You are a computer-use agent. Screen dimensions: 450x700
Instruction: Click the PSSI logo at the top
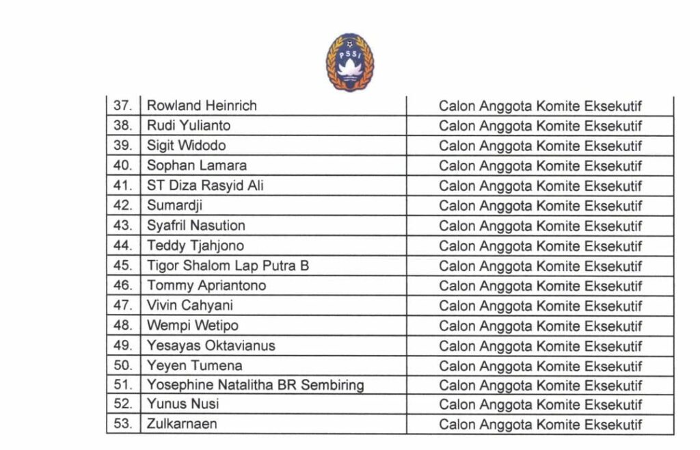tap(349, 62)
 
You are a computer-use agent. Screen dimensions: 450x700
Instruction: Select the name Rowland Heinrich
tap(202, 105)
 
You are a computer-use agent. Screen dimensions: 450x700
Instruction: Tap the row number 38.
tap(122, 125)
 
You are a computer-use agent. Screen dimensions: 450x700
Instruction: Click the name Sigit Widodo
tap(186, 146)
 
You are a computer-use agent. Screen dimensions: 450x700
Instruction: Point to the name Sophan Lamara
tap(197, 166)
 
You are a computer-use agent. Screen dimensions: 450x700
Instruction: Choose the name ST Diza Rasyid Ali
tap(205, 185)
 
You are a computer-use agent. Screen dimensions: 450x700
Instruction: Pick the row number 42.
tap(122, 205)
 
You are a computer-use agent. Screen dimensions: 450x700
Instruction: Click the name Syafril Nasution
tap(196, 226)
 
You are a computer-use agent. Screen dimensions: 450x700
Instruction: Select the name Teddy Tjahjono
tap(195, 246)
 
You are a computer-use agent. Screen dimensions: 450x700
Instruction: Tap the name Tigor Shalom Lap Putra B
tap(228, 265)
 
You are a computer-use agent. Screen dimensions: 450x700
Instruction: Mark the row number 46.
tap(122, 285)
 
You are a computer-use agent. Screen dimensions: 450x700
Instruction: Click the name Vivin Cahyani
tap(189, 306)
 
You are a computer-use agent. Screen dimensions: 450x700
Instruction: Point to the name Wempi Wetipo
tap(192, 326)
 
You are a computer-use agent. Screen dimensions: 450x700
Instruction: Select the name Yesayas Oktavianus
tap(211, 345)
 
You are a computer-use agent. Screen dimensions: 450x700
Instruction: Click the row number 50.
tap(122, 365)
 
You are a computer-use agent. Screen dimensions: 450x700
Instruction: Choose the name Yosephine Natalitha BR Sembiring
tap(255, 385)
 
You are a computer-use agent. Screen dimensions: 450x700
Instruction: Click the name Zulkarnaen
tap(182, 424)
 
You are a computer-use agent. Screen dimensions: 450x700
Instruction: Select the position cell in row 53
tap(540, 425)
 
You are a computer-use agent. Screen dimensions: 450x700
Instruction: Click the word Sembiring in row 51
tap(331, 385)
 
